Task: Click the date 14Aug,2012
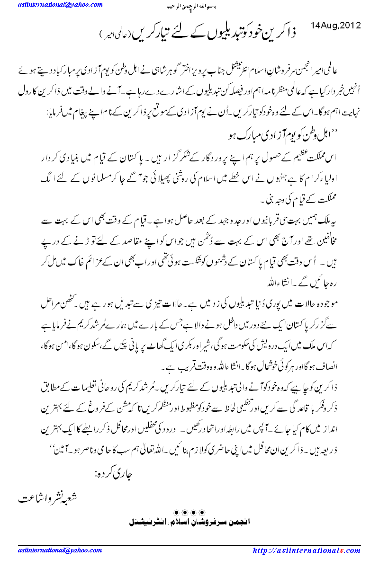[336, 25]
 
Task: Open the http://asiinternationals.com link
[307, 550]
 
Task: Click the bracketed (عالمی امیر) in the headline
[114, 36]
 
